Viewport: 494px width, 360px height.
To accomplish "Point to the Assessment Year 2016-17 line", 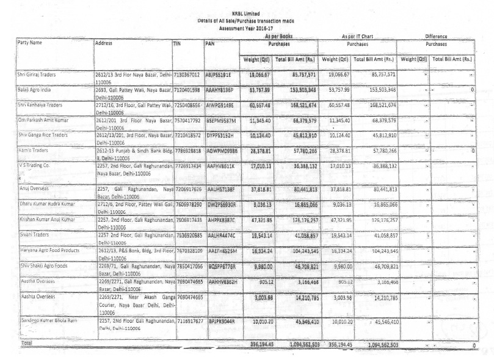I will click(x=245, y=28).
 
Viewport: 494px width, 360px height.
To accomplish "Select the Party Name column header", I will click(x=30, y=43).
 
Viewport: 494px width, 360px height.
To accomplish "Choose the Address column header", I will click(x=104, y=43).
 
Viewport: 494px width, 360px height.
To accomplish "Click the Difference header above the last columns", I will click(x=436, y=36).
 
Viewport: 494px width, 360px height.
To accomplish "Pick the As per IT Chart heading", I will click(x=358, y=36).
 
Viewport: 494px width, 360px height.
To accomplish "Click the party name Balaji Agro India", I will click(x=34, y=89).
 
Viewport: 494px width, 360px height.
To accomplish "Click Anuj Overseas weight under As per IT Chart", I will click(x=335, y=189).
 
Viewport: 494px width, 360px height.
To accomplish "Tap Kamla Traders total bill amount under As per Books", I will click(x=295, y=150).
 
